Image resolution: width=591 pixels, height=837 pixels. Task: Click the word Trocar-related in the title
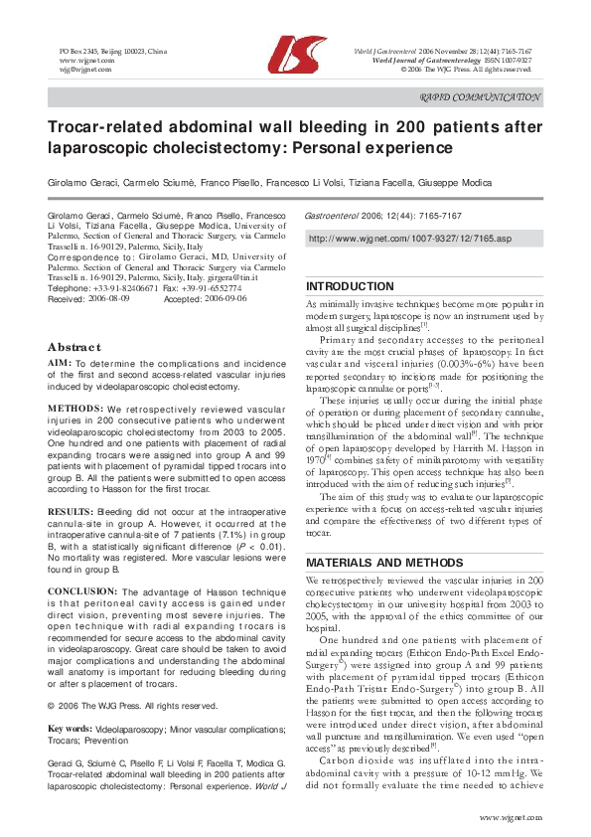[101, 128]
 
